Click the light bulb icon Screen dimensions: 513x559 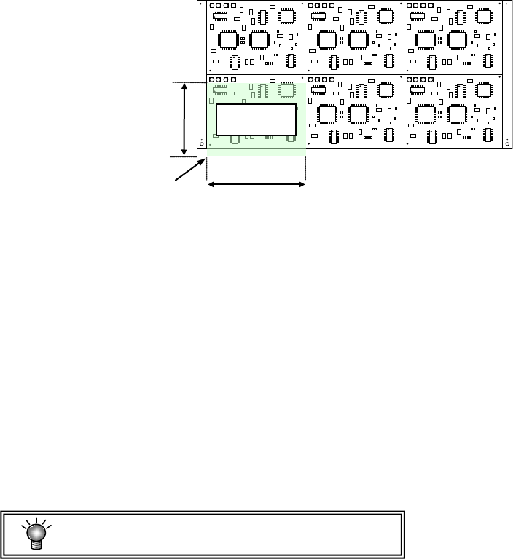point(34,534)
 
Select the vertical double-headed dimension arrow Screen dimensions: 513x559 point(184,119)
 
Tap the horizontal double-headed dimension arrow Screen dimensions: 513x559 point(256,185)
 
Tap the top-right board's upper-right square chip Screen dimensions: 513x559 point(486,15)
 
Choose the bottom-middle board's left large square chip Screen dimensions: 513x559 point(329,113)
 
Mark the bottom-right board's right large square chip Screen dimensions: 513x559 point(458,113)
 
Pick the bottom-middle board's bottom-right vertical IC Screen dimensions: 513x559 point(390,136)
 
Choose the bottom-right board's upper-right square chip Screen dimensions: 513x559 point(486,90)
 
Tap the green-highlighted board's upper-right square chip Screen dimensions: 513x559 point(288,90)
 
